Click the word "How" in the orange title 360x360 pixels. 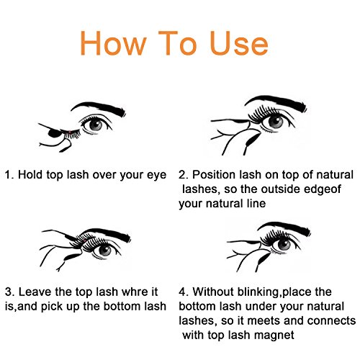pos(113,43)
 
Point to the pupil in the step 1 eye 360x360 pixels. pos(96,125)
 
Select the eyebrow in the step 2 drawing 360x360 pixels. pos(276,102)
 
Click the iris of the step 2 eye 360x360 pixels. pos(276,122)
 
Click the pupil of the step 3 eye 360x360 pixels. pos(105,250)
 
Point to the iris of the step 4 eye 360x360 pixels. pos(284,245)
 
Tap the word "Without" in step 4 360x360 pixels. pos(213,292)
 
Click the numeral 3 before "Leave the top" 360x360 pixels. pos(9,292)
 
